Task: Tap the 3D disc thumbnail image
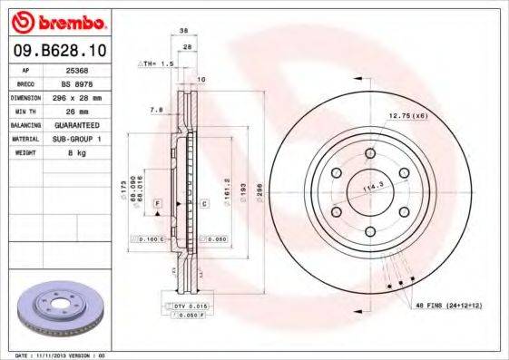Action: tap(56, 309)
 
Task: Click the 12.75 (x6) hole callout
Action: tap(407, 116)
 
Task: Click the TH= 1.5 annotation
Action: tap(155, 65)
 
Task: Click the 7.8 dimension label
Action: tap(155, 109)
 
